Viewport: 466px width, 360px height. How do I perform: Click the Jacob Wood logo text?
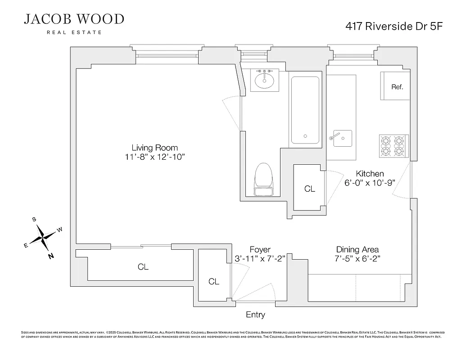(x=74, y=19)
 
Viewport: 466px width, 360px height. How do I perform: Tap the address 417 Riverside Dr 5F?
(x=394, y=26)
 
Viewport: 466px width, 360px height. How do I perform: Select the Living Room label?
(x=154, y=148)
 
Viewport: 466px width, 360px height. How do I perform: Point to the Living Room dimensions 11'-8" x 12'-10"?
(x=155, y=157)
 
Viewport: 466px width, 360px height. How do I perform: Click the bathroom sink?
(x=264, y=81)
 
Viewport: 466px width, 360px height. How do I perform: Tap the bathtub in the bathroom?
(x=306, y=111)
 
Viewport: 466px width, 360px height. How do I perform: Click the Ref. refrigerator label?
(x=397, y=87)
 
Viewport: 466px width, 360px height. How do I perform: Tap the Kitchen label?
(x=370, y=174)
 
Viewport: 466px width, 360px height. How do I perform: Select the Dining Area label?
(x=357, y=249)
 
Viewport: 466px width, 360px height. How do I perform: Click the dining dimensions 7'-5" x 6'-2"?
(x=357, y=259)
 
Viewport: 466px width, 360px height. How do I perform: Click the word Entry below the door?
(x=255, y=315)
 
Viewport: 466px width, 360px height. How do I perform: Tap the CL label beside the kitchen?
(x=310, y=189)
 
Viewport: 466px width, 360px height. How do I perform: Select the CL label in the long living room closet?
(x=143, y=267)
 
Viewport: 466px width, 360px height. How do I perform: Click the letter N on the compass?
(x=51, y=256)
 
